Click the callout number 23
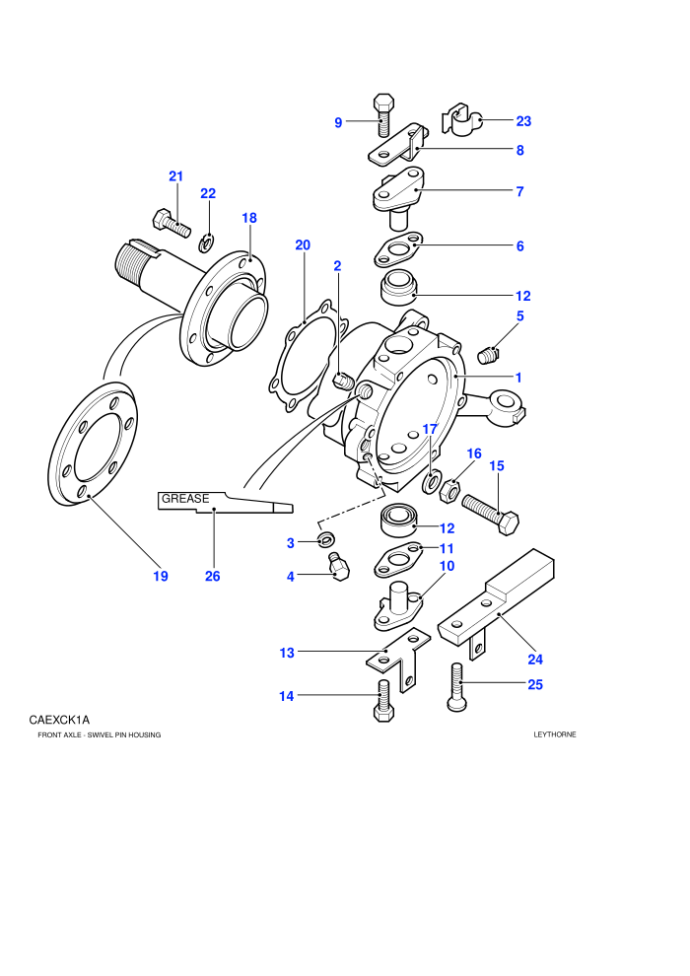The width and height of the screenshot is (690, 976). [x=523, y=121]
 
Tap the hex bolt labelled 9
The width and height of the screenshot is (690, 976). [x=383, y=115]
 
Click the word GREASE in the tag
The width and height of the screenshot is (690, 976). [x=185, y=499]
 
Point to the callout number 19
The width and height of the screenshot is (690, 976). [x=161, y=577]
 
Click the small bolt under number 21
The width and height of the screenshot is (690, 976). [x=172, y=223]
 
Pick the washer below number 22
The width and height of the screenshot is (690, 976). [x=207, y=244]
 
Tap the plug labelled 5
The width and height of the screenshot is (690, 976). [x=490, y=356]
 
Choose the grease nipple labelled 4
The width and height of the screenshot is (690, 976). [x=339, y=567]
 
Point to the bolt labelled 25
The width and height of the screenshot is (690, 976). [x=456, y=686]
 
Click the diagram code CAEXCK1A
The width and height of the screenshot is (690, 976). [x=59, y=721]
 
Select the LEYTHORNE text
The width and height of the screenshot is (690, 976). [x=555, y=734]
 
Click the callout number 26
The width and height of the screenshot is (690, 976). [x=213, y=577]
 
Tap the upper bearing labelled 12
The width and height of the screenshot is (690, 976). [x=398, y=288]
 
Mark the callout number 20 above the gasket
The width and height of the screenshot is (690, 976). [x=303, y=245]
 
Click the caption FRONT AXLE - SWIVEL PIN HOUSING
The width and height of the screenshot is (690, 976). [x=100, y=735]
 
